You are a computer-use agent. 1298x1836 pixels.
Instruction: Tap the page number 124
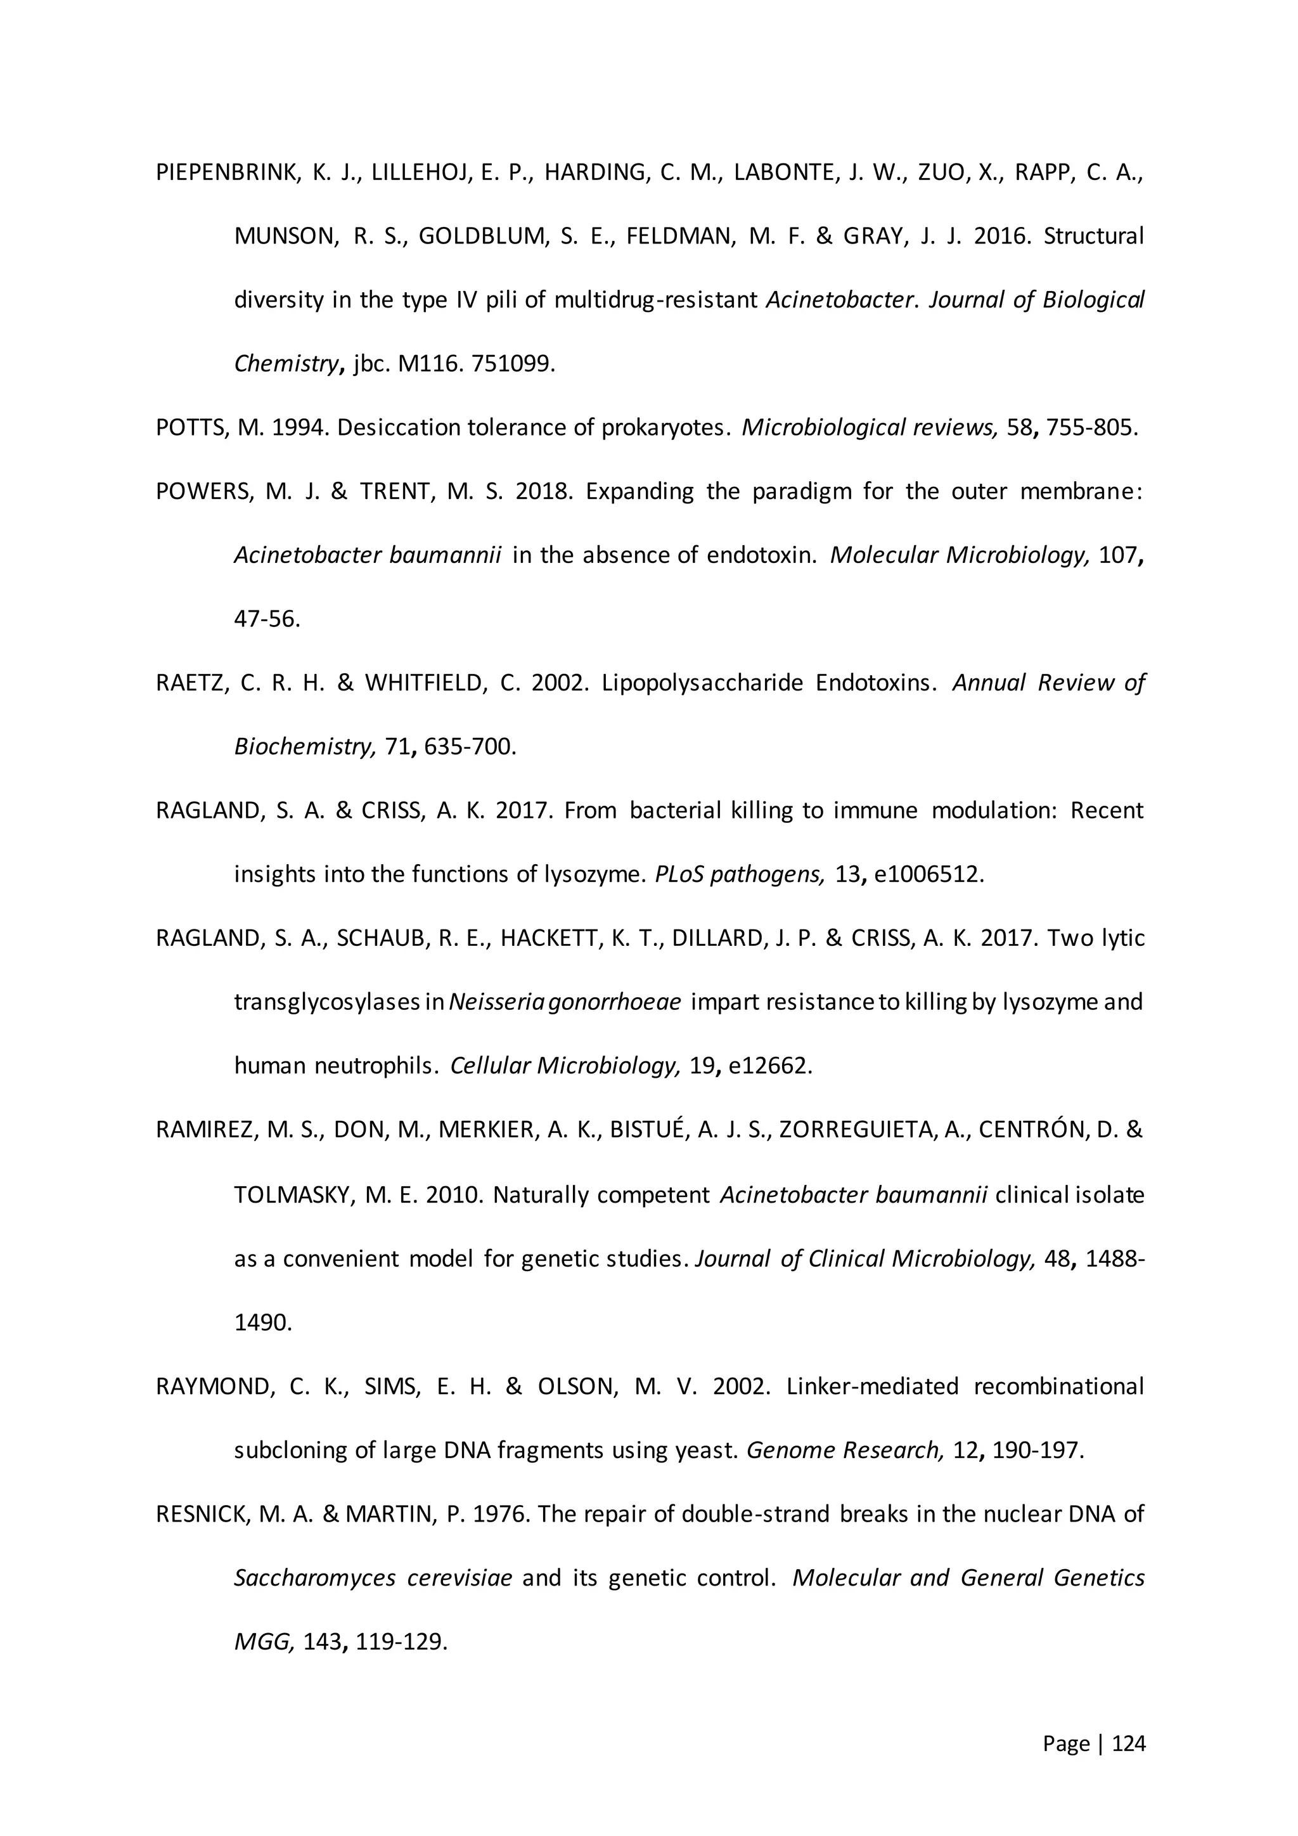1129,1743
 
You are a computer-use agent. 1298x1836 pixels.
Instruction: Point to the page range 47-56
267,619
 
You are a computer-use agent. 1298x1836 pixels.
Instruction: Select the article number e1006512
929,874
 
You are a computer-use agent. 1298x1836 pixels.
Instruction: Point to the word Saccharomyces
315,1578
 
